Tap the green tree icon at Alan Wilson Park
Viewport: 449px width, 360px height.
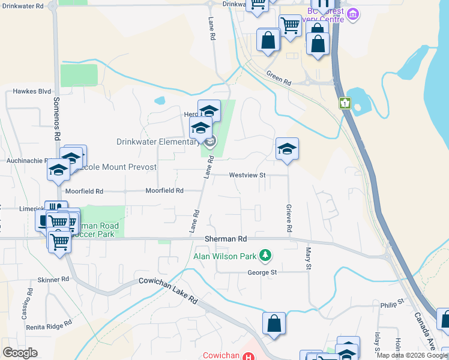[265, 257]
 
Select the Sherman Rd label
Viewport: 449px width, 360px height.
[226, 238]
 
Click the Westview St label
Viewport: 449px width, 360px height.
[247, 175]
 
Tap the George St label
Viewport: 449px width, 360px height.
[262, 272]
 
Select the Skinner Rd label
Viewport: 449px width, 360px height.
[57, 280]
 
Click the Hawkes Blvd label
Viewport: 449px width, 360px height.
[32, 92]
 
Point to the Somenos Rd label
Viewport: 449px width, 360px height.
[56, 118]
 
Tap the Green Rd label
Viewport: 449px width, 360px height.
[279, 77]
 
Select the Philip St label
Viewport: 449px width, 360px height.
[392, 305]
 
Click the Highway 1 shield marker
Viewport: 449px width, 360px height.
[345, 103]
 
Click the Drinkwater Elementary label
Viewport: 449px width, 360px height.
[157, 142]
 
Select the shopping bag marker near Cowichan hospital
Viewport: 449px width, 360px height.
[274, 323]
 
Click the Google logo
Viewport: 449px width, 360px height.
[20, 353]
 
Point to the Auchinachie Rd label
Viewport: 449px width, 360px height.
[23, 161]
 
